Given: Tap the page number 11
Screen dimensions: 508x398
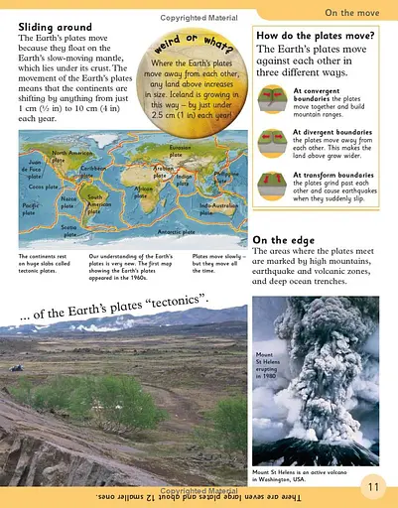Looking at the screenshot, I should (x=373, y=485).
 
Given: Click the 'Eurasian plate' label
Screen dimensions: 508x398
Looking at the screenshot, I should (x=181, y=152).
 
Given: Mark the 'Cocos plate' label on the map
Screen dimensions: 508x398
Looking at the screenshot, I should (x=40, y=186).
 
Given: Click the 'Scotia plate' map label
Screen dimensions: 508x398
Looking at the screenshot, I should (x=69, y=228).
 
